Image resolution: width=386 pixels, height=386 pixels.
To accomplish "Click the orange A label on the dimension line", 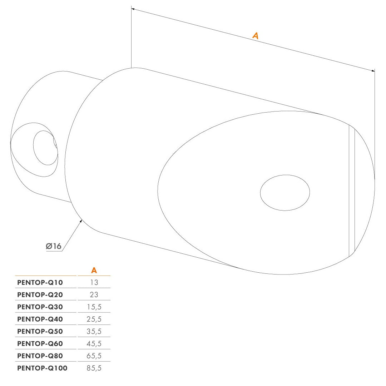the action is click(256, 36).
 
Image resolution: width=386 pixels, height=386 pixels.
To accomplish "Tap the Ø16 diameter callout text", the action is click(53, 246).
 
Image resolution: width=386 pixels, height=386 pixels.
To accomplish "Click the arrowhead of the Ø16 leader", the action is click(81, 221).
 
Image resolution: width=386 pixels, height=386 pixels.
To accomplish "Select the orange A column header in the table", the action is click(94, 270).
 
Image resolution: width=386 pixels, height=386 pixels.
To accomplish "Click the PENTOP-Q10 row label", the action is click(40, 282).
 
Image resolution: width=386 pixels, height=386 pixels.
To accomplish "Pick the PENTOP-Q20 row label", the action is click(40, 295).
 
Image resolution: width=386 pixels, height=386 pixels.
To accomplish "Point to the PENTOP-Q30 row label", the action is click(40, 307).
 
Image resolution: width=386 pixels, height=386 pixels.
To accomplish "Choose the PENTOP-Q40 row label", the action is click(40, 319).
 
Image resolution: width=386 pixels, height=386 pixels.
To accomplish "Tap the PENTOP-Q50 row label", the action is click(40, 331).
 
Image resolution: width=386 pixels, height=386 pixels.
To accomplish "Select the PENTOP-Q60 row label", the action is click(40, 344).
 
